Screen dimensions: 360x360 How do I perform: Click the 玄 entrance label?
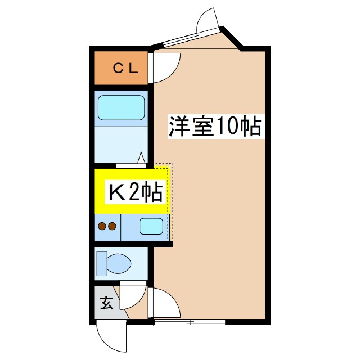[106, 303]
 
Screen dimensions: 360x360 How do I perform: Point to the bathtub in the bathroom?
[121, 107]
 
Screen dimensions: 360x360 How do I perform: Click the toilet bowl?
[119, 262]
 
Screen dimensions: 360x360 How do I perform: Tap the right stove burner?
[112, 227]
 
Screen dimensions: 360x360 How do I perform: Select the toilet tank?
[101, 263]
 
